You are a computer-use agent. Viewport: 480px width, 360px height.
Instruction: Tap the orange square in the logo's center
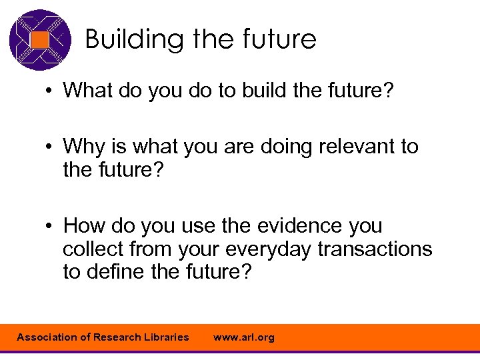(40, 40)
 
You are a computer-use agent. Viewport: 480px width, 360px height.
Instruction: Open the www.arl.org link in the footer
(243, 337)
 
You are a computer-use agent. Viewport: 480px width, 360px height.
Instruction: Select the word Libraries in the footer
(165, 337)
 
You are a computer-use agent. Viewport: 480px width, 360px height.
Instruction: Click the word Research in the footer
(115, 337)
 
